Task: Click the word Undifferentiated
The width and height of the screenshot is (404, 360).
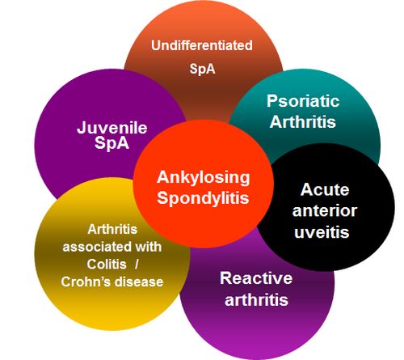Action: click(202, 45)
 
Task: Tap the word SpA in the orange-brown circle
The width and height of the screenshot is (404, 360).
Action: click(202, 69)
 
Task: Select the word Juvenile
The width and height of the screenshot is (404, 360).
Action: click(112, 128)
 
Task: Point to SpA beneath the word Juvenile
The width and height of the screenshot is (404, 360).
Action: click(112, 143)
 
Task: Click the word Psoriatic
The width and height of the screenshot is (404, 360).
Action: click(303, 101)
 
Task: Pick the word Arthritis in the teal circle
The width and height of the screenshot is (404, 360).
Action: click(303, 121)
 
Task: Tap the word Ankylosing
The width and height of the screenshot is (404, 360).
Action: click(204, 178)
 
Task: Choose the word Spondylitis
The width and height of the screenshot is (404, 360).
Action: click(203, 198)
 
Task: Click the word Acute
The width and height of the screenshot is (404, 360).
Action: click(325, 189)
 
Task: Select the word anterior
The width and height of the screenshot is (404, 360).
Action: click(325, 210)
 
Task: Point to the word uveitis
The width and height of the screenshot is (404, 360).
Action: click(322, 232)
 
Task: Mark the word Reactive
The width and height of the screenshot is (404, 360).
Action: click(256, 278)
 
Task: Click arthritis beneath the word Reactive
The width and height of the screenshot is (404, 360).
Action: click(256, 299)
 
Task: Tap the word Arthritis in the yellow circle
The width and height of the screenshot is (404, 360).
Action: click(112, 230)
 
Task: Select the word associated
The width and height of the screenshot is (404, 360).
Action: click(93, 247)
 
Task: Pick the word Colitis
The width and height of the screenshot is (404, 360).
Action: click(107, 265)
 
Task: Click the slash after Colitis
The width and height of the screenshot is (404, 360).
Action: click(137, 265)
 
